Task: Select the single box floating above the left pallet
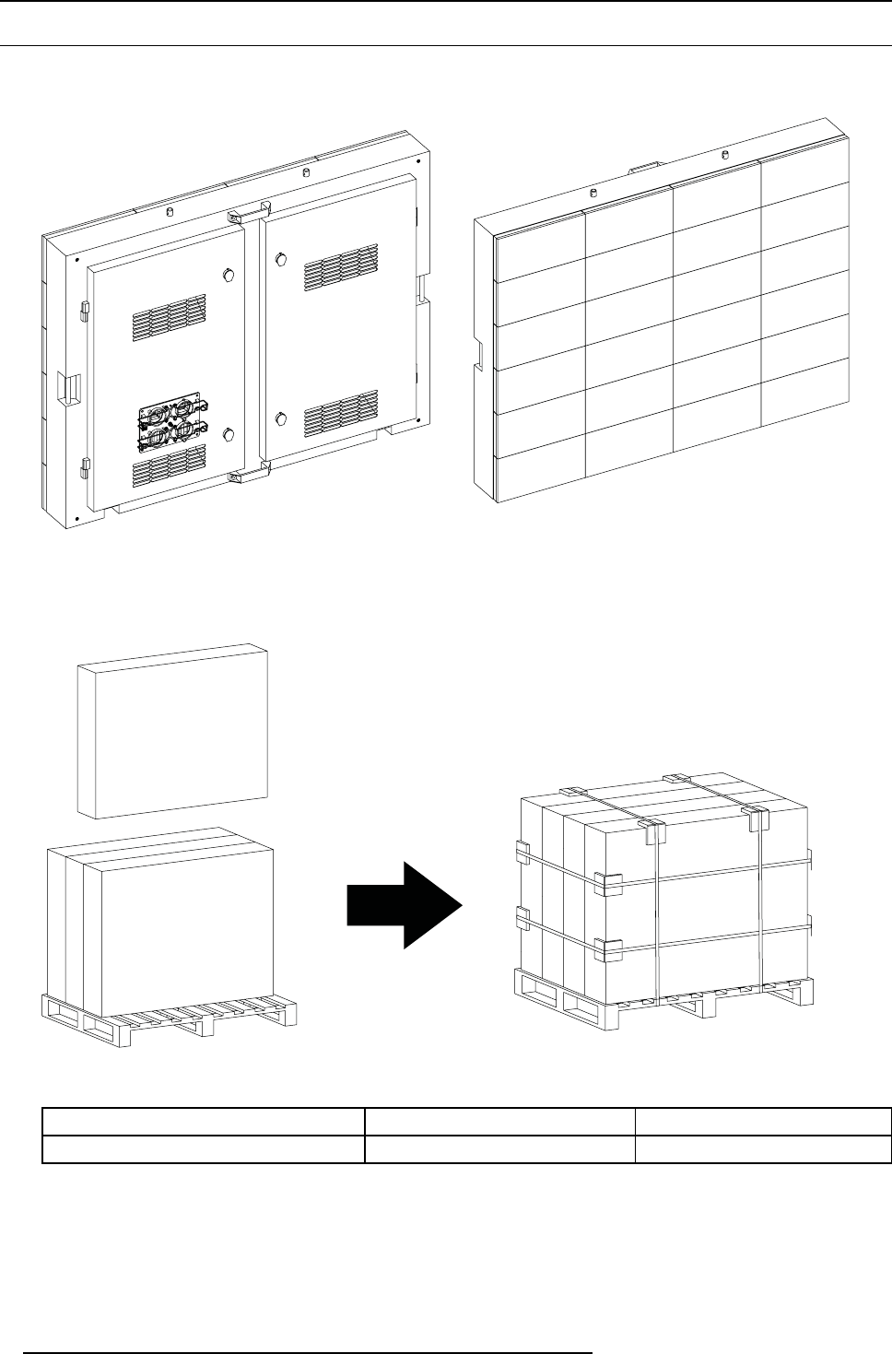coord(172,731)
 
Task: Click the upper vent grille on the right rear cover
coord(341,266)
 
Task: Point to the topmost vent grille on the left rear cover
coord(169,317)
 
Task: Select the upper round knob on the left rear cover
coord(228,274)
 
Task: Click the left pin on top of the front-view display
coord(593,193)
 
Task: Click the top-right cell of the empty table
coord(763,1121)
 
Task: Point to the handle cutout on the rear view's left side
coord(66,387)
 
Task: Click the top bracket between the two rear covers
coord(245,213)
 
